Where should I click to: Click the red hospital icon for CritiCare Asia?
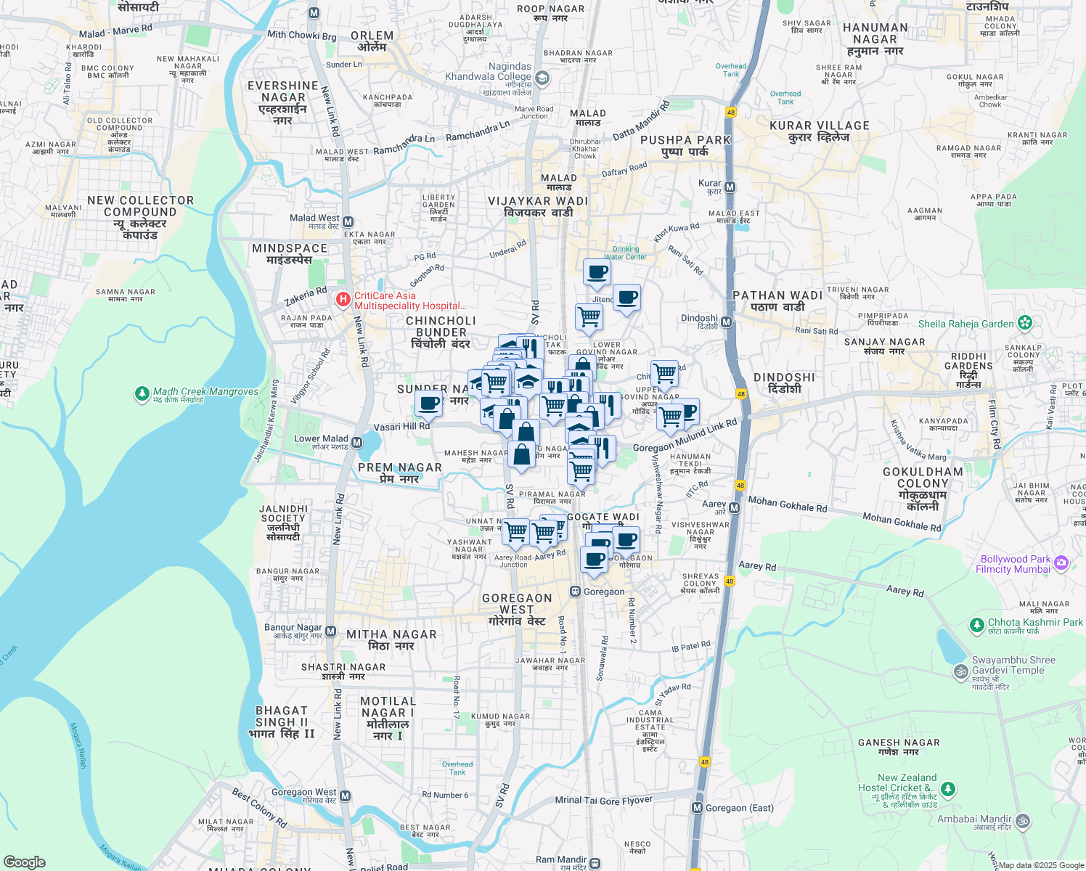[343, 299]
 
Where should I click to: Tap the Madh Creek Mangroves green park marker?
[142, 394]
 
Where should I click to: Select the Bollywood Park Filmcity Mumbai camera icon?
[1061, 563]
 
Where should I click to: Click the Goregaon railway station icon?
[575, 592]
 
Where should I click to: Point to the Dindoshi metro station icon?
[726, 322]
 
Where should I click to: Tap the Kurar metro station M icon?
[730, 187]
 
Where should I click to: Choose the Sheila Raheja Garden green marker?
[1025, 323]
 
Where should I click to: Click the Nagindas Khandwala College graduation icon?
[542, 78]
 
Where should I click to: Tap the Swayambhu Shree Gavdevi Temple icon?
[960, 671]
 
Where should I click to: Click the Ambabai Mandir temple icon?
[1022, 821]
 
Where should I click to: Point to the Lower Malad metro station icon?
[356, 442]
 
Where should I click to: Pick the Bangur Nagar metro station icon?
[330, 631]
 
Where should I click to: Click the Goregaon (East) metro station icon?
[698, 808]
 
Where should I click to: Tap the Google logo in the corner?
[25, 862]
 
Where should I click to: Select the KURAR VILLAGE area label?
[819, 131]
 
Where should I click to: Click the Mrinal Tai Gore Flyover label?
[603, 800]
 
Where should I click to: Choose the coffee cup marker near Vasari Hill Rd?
[429, 404]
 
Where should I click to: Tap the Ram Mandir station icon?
[595, 863]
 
